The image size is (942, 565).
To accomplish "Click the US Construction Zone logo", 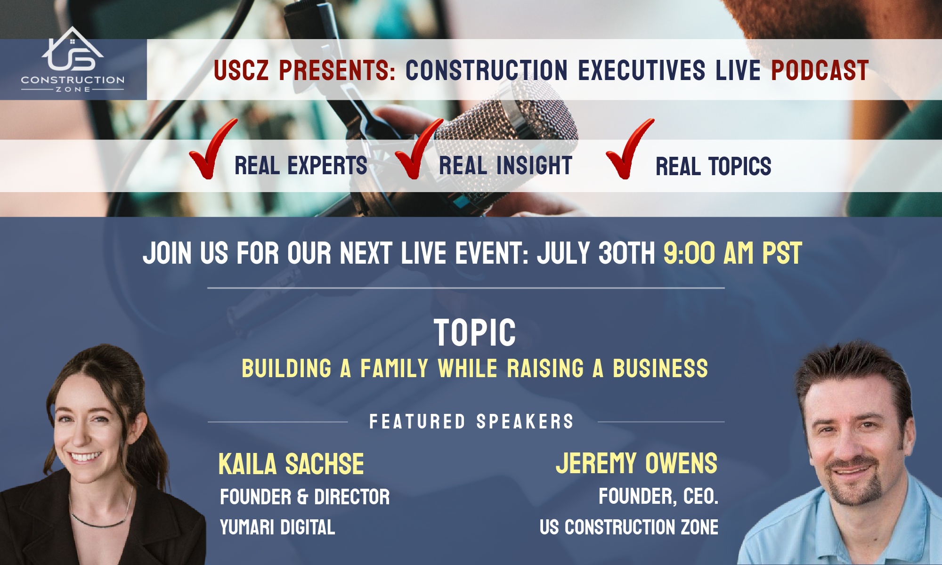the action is [73, 60].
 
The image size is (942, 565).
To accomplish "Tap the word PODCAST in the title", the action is [820, 71].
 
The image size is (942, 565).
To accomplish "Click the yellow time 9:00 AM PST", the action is [732, 253].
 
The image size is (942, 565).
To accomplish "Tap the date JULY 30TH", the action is [596, 253].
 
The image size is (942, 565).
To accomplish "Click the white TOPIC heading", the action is [475, 333].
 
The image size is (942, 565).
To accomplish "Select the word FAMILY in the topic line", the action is [394, 368].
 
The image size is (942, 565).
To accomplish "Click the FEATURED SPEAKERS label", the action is [471, 421].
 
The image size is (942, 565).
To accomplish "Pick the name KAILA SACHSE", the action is [291, 464].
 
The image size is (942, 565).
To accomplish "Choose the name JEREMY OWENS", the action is [636, 463].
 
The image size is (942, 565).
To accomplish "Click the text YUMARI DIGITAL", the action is [277, 527].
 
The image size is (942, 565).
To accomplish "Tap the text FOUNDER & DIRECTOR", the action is [305, 497].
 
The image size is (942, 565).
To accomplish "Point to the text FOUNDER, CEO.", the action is [658, 496].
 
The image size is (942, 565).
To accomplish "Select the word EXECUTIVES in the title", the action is [642, 71].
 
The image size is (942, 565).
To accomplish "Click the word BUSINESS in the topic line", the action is [660, 368].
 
